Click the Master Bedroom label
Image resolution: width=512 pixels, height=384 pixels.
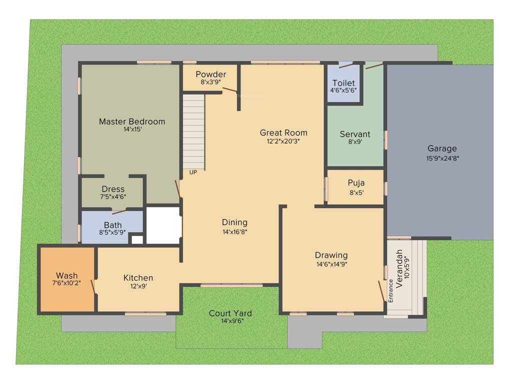tap(131, 121)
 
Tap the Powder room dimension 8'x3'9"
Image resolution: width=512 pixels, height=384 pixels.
tap(210, 82)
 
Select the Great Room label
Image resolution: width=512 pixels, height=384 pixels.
tap(283, 132)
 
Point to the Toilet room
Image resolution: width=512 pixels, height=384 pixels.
tap(343, 86)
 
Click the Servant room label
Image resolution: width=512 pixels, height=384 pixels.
tap(355, 134)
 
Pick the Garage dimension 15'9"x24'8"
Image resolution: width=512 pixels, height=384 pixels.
tap(442, 158)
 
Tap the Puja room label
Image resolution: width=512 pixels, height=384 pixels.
tap(356, 183)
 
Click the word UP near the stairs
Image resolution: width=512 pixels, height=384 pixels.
tap(193, 172)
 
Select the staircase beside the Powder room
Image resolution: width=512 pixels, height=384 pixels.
tap(193, 131)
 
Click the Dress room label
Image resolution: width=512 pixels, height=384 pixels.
tap(113, 189)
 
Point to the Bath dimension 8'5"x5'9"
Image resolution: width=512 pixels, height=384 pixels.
tap(112, 232)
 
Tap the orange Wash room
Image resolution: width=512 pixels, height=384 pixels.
tap(67, 278)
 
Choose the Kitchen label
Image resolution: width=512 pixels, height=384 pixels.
tap(138, 277)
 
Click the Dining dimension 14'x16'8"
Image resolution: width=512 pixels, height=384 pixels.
tap(234, 231)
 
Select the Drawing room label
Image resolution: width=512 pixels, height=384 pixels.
tap(331, 255)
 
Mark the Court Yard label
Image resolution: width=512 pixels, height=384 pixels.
tap(230, 313)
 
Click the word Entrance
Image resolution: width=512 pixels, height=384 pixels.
tap(391, 290)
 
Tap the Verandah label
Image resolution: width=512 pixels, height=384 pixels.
tap(399, 268)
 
